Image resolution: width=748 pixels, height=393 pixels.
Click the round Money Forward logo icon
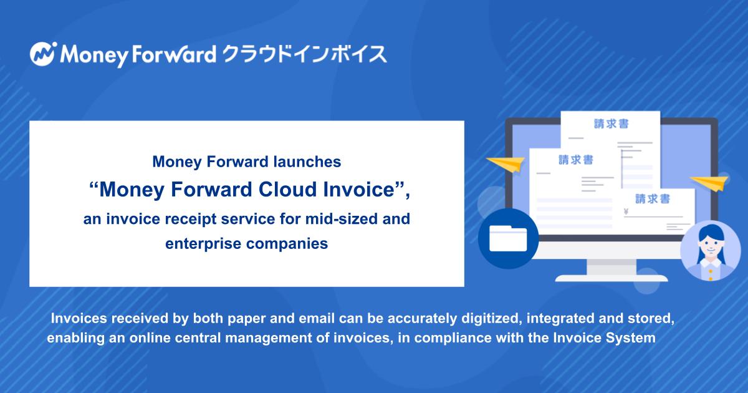click(x=43, y=54)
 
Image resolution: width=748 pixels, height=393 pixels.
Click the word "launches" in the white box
click(x=308, y=162)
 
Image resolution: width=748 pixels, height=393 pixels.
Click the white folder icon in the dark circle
click(x=508, y=238)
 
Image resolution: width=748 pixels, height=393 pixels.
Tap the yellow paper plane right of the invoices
click(x=711, y=182)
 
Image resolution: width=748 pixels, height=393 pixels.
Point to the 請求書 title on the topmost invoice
click(x=611, y=124)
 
